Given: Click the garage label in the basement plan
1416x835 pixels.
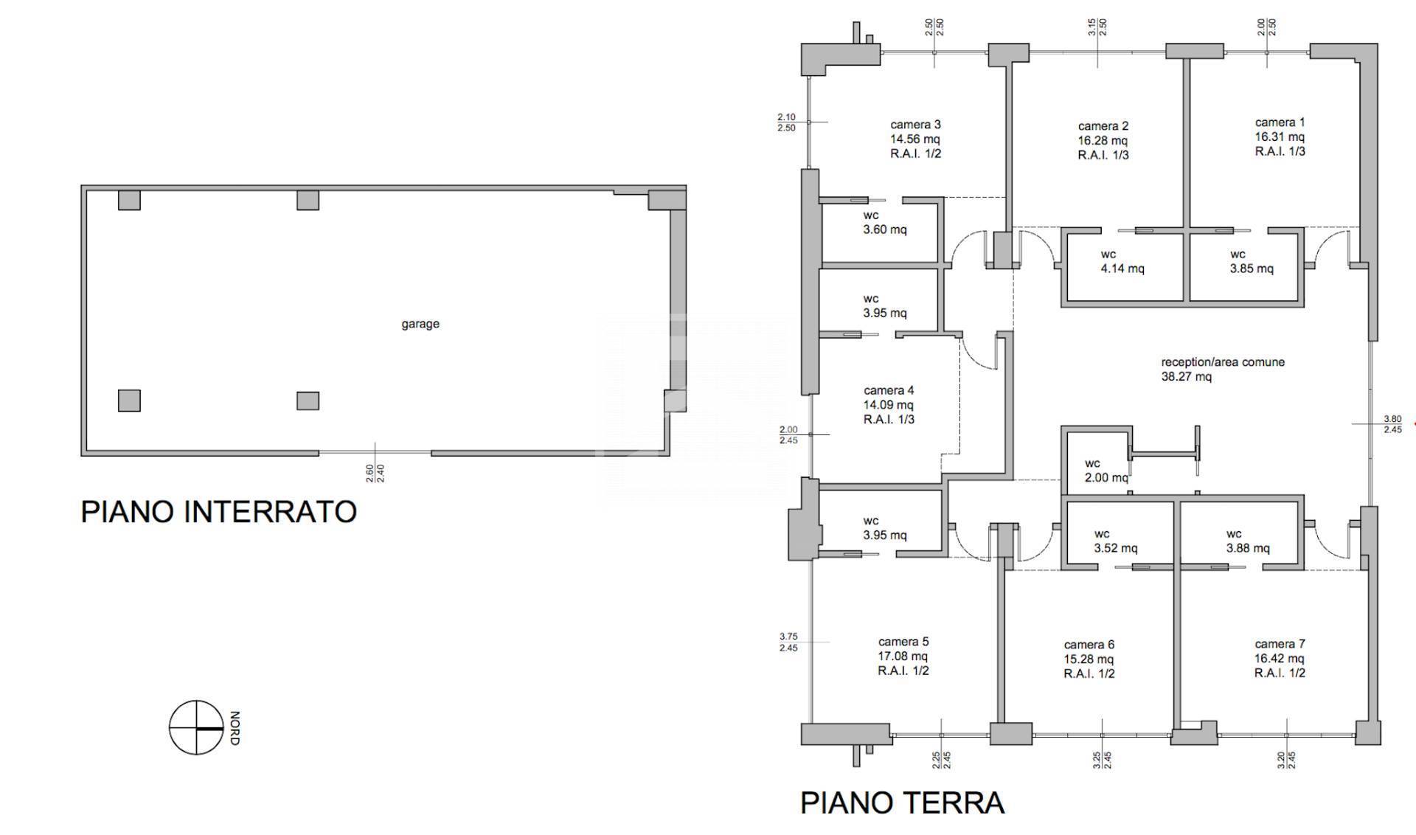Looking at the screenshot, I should coord(420,324).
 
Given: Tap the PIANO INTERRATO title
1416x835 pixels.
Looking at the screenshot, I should coord(218,512).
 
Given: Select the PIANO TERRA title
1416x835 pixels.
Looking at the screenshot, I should coord(902,803).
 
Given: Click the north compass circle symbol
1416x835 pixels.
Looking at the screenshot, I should coord(196,728).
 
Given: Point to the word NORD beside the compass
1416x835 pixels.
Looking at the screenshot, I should coord(235,728).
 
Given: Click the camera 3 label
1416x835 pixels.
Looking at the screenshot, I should coord(915,125).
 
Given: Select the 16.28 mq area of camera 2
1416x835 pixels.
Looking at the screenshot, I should coord(1103,141).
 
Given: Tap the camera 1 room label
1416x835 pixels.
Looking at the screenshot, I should coord(1280,122).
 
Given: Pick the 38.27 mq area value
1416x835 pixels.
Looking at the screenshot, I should coord(1186,377).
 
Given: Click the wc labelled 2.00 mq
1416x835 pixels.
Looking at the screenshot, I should coord(1106,471).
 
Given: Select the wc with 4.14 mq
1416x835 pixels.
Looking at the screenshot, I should coord(1122,262).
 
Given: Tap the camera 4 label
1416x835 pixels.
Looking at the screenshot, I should coord(889,390).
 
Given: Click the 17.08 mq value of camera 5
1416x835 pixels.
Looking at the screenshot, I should coord(903,656).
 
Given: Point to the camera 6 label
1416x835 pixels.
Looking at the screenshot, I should coord(1089,645).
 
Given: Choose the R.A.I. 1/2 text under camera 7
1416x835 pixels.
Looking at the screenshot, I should coord(1280,673).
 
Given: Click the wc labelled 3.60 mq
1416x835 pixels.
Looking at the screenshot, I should coord(884,223).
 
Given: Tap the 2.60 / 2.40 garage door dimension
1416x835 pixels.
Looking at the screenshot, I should coord(375,473).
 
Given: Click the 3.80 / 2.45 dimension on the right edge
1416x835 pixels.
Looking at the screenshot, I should coord(1392,424).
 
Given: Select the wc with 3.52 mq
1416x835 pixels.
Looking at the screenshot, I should coord(1114,541).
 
